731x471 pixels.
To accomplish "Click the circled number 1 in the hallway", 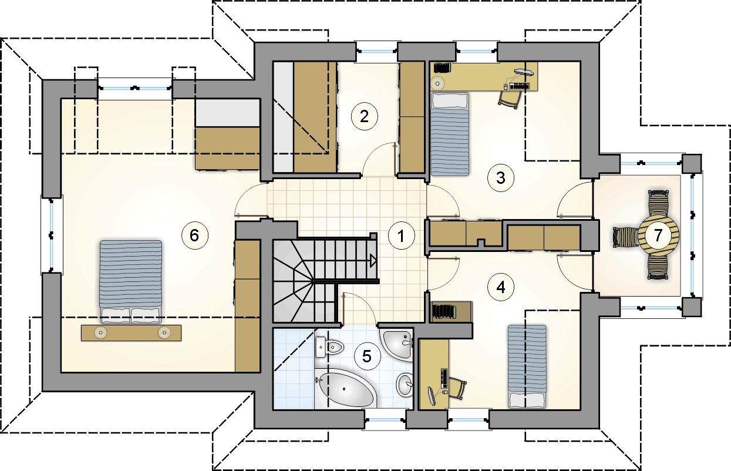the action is coord(402,235).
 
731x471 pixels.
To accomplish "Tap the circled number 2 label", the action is coord(364,116).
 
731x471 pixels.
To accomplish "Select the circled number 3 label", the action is coord(501,178).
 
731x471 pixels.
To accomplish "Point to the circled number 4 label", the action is coord(501,287).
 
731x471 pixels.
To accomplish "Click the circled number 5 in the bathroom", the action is coord(367,356).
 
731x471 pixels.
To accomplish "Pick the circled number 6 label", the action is coord(194,235).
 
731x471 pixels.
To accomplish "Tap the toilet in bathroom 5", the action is coord(329,347).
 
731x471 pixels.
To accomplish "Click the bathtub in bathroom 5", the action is coord(345,388).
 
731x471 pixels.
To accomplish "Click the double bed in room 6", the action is coord(131,282).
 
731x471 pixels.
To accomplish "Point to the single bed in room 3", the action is coord(450,134).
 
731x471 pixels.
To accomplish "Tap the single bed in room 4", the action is coord(527,366).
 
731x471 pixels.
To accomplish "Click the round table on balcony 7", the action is coord(658,235).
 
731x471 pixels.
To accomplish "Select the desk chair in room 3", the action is coord(510,98).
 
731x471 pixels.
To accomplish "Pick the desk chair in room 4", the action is coord(457,388).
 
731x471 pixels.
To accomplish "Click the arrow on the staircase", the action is coord(373,261).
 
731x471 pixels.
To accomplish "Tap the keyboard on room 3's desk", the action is coord(519,86).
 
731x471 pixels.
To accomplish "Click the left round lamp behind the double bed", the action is coord(100,332).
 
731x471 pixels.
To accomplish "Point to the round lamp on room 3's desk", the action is coord(437,83).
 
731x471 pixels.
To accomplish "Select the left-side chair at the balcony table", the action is coord(625,237).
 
